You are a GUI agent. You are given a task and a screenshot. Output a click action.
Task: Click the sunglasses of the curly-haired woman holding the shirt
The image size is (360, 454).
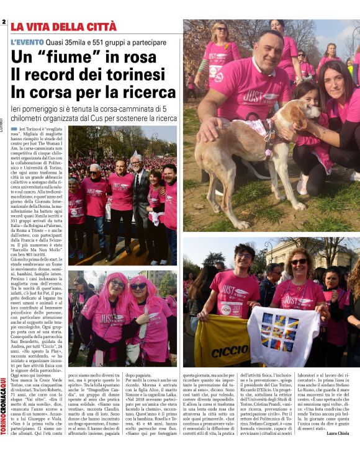point(299,262)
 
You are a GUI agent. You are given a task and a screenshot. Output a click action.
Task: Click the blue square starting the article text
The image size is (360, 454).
point(14,128)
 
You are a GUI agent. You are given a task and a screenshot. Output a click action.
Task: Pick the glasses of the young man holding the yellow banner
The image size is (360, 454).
point(243,256)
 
